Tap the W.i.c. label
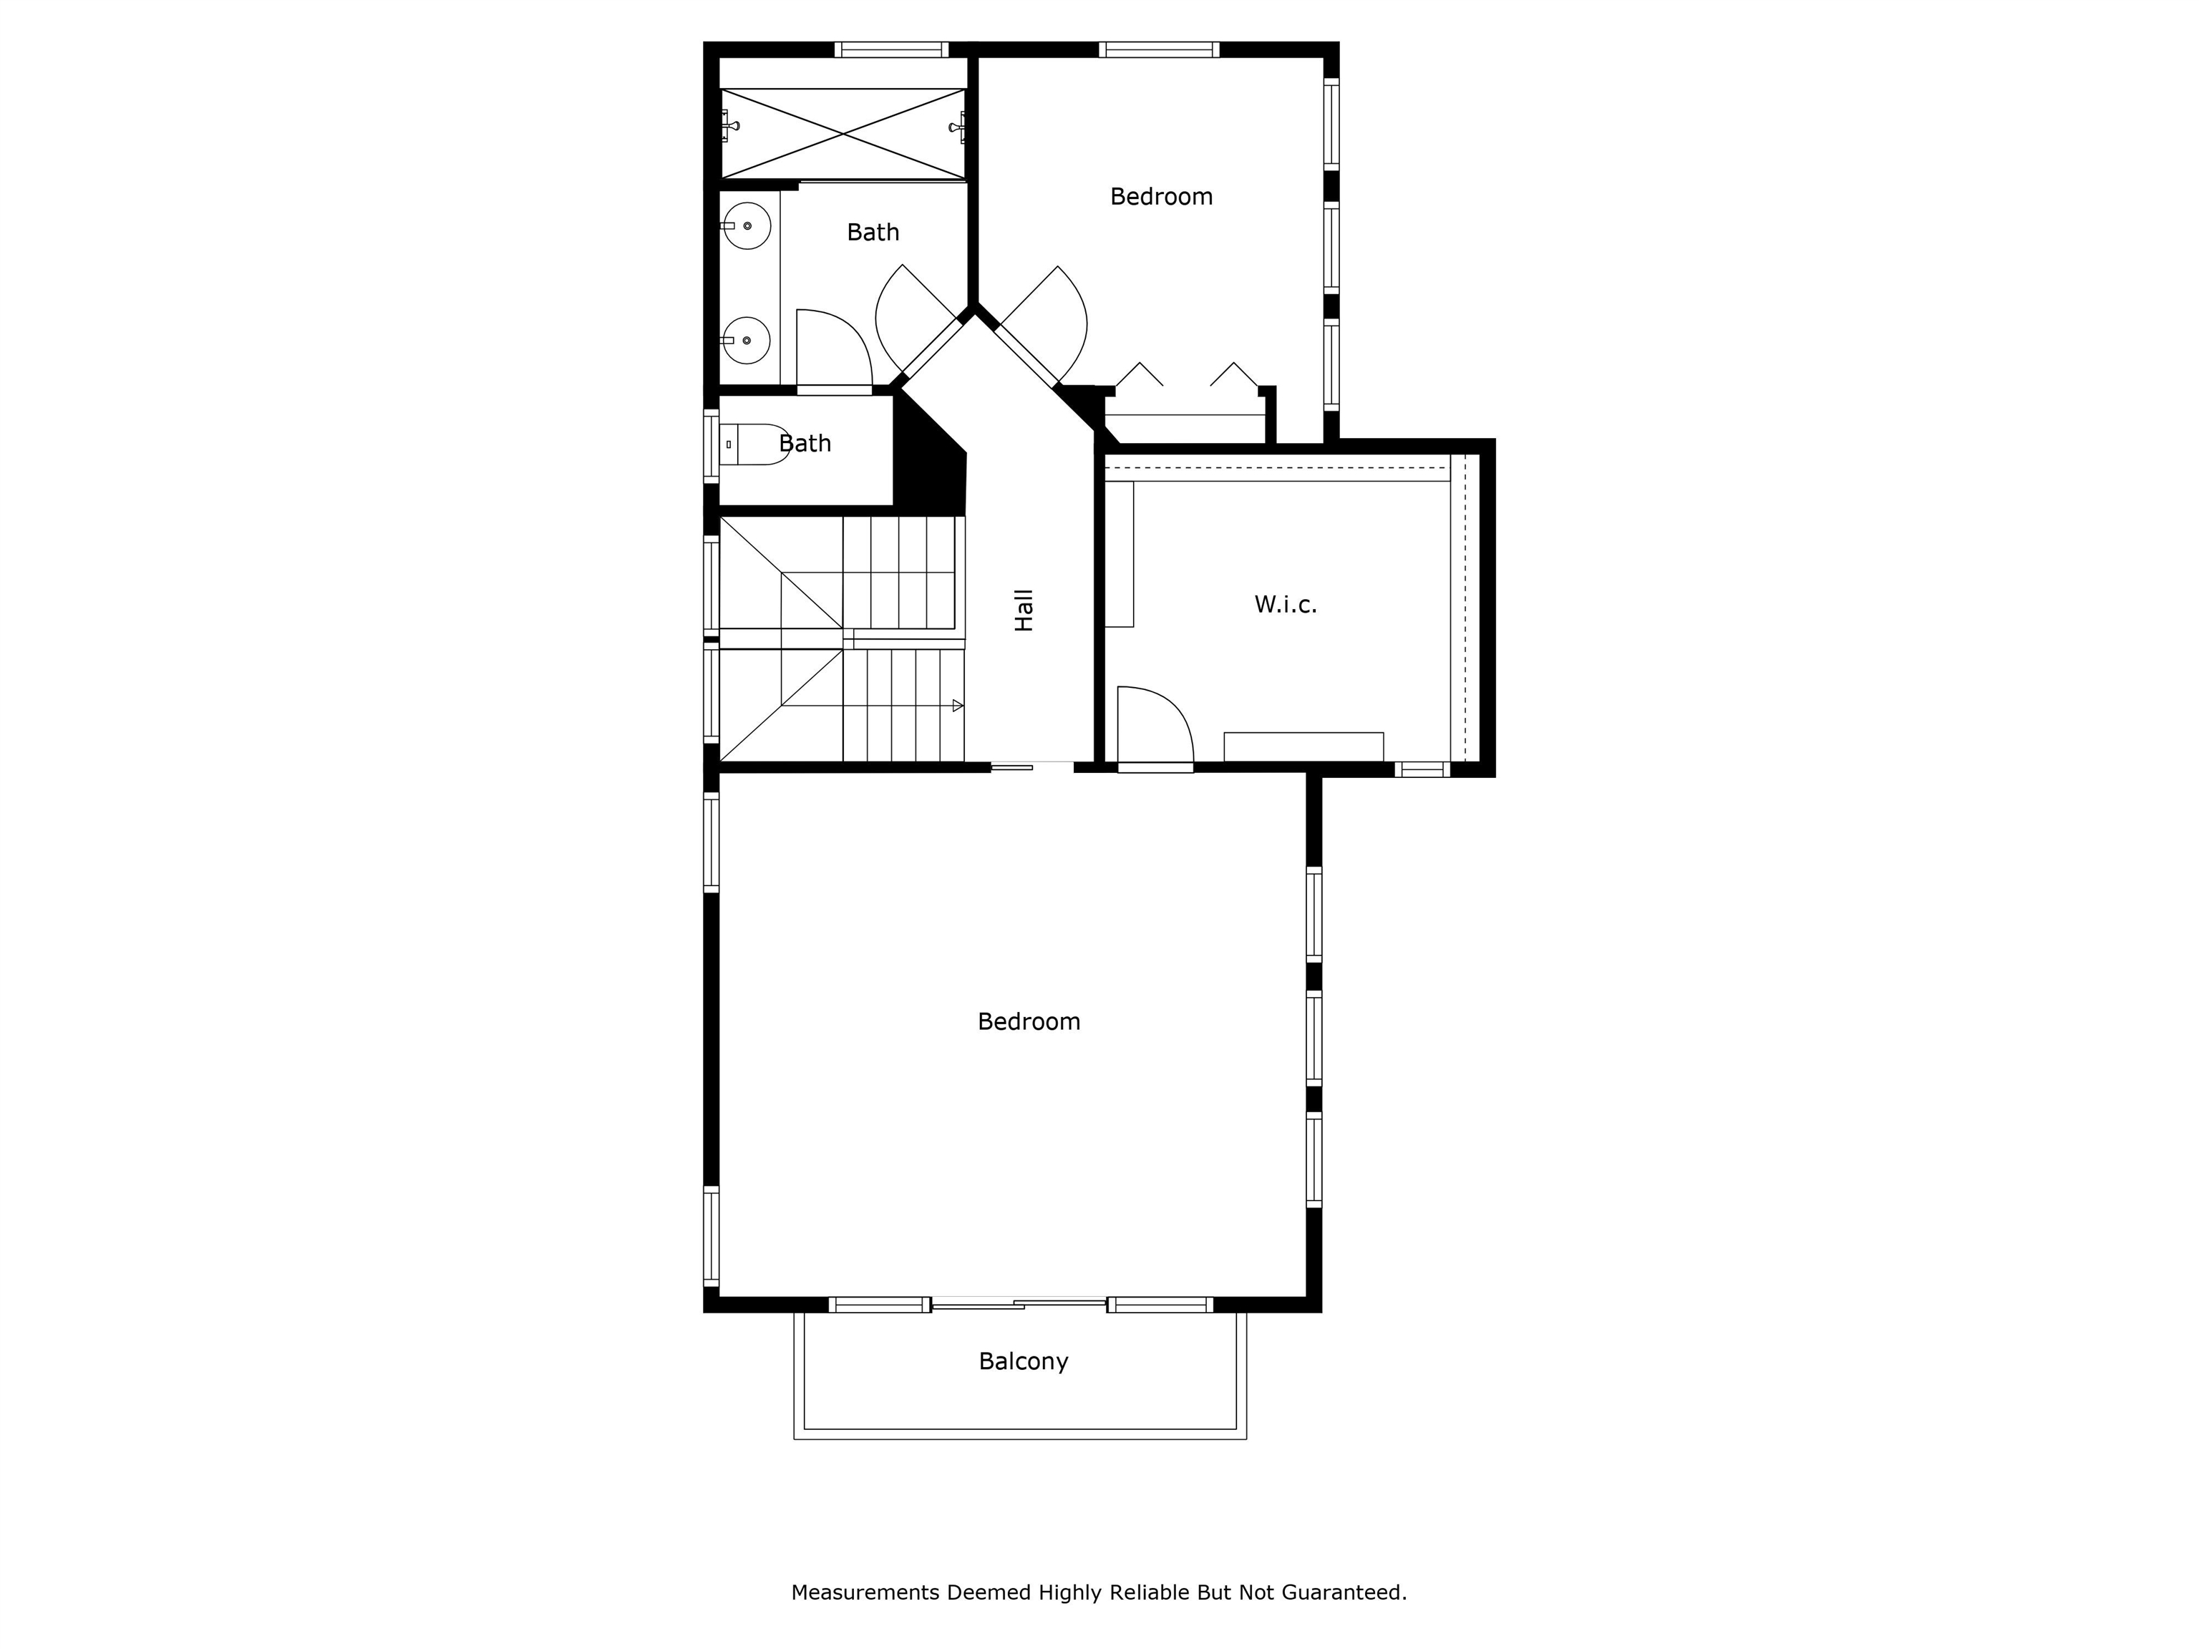click(1286, 604)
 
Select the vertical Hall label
click(1024, 611)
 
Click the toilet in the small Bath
click(754, 444)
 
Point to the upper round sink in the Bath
click(746, 225)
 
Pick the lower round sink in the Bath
click(746, 340)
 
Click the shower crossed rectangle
click(843, 134)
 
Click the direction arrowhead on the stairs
click(957, 706)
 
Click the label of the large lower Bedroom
click(1029, 1022)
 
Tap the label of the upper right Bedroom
click(1161, 197)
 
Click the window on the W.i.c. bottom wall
click(1422, 769)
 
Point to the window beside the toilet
click(711, 447)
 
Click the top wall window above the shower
click(892, 49)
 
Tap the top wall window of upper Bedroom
click(1159, 49)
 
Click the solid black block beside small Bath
click(931, 459)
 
